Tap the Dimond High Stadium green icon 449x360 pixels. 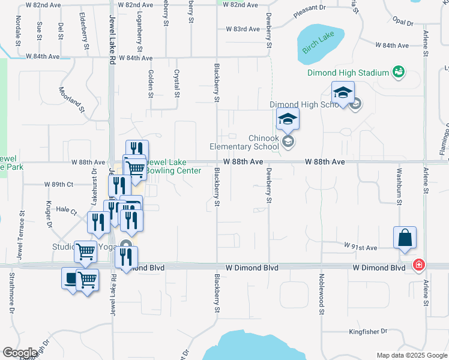pyautogui.click(x=397, y=73)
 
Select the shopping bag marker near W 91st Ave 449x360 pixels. pyautogui.click(x=405, y=238)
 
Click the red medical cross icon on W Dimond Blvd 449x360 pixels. pyautogui.click(x=419, y=265)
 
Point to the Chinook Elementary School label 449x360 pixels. pyautogui.click(x=244, y=142)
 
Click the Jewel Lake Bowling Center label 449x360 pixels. pyautogui.click(x=173, y=167)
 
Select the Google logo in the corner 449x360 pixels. pyautogui.click(x=20, y=353)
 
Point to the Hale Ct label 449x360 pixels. pyautogui.click(x=67, y=211)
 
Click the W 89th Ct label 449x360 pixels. pyautogui.click(x=58, y=184)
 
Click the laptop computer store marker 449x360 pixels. pyautogui.click(x=71, y=278)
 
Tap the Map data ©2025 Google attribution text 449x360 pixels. pyautogui.click(x=411, y=355)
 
